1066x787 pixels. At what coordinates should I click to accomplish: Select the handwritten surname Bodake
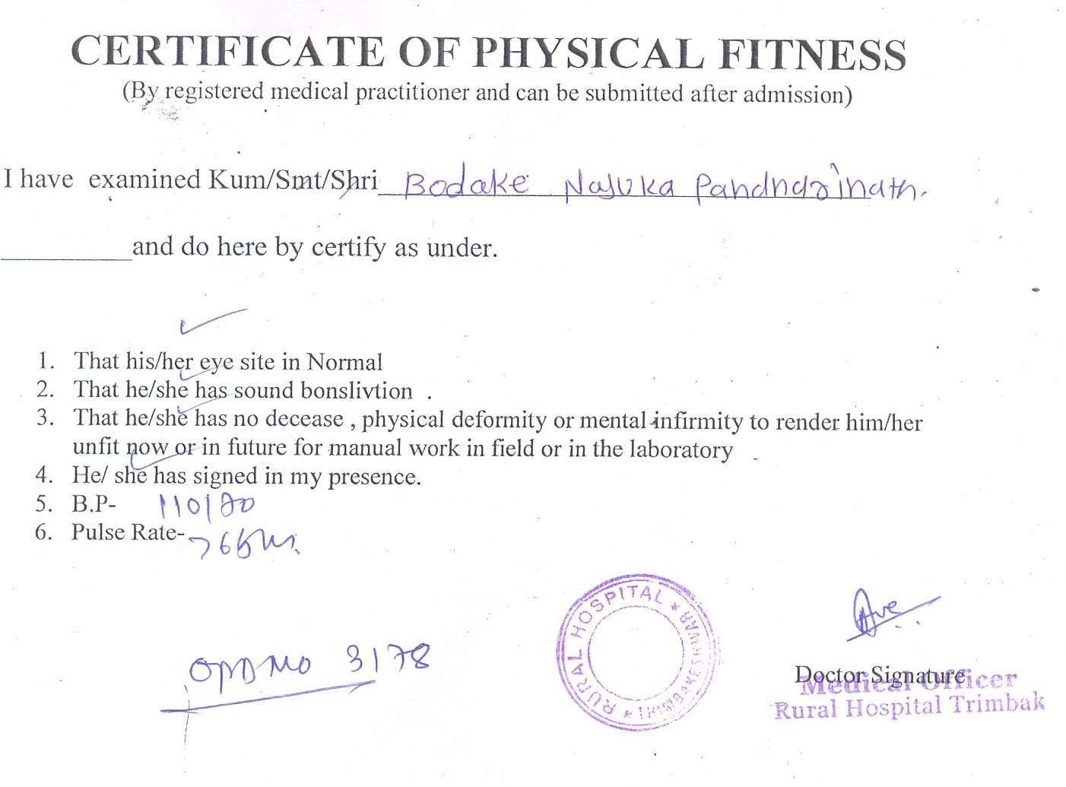click(x=465, y=185)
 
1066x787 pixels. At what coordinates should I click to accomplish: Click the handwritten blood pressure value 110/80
click(x=206, y=505)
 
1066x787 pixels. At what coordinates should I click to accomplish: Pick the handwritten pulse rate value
click(x=243, y=542)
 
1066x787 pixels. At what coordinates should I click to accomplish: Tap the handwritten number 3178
click(x=389, y=658)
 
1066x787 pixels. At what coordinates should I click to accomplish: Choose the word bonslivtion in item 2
click(x=357, y=391)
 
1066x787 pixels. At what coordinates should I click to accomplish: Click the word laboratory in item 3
click(x=681, y=449)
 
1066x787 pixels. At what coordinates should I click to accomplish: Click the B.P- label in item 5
click(x=94, y=504)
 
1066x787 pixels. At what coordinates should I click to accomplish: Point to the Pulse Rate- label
click(x=128, y=532)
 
